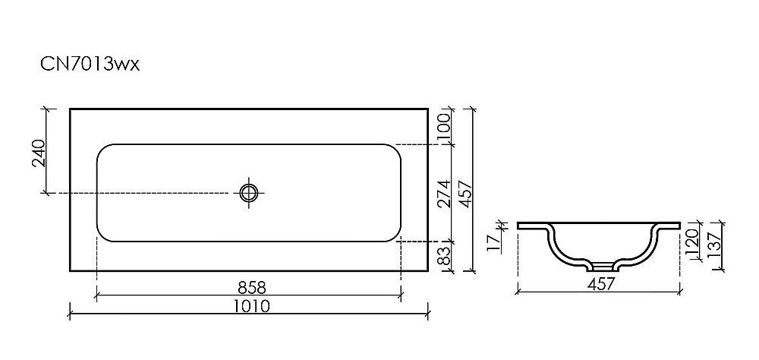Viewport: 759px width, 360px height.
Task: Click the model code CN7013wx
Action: [x=90, y=65]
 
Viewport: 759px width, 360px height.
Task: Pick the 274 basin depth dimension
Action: [x=446, y=193]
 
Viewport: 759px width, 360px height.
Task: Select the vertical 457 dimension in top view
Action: [x=465, y=193]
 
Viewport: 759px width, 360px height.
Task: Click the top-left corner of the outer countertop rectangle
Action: [x=70, y=109]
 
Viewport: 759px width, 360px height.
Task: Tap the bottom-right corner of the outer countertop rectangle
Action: [x=428, y=270]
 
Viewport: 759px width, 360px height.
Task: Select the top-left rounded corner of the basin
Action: [x=102, y=150]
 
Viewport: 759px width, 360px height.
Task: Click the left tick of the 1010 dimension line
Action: [x=70, y=311]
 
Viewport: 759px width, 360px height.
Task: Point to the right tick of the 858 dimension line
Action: [x=400, y=293]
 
